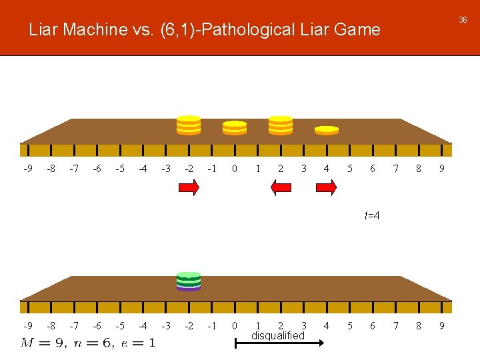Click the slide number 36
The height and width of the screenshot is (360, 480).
click(463, 20)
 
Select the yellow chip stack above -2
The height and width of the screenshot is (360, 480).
click(189, 125)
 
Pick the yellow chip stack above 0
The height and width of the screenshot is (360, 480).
click(235, 127)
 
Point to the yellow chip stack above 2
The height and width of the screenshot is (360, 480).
click(281, 125)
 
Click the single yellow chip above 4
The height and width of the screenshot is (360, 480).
click(327, 130)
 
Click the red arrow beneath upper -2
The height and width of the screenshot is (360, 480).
click(189, 189)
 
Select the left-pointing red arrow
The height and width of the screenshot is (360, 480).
click(281, 189)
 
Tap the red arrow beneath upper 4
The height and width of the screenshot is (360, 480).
click(326, 189)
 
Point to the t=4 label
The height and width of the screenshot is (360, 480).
click(372, 215)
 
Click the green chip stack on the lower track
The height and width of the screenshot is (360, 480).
click(189, 281)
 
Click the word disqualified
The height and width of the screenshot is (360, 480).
click(278, 335)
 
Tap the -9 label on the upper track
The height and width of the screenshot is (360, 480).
click(27, 169)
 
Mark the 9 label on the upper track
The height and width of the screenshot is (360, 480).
click(441, 169)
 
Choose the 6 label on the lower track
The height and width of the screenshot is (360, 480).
click(373, 326)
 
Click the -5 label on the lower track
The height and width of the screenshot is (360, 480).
click(119, 326)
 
